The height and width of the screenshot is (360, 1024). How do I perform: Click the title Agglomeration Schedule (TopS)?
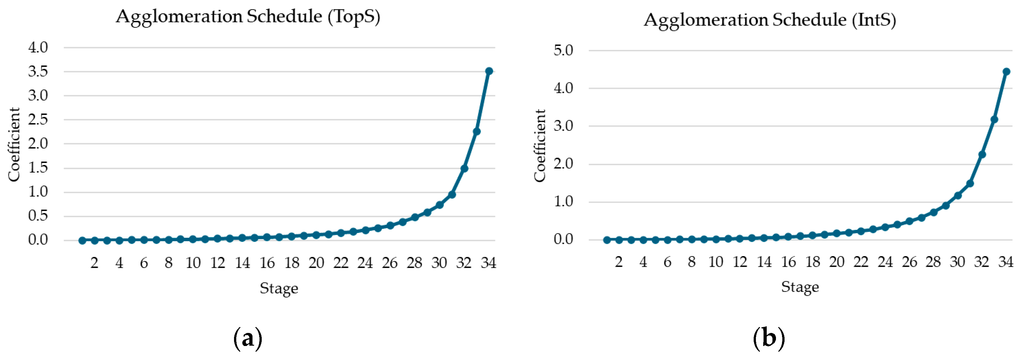click(x=248, y=17)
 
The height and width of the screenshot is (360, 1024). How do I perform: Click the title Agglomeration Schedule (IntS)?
click(x=770, y=20)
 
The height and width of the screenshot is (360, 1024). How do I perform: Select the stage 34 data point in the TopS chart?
click(x=489, y=71)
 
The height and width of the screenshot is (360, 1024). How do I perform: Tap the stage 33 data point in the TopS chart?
click(x=477, y=131)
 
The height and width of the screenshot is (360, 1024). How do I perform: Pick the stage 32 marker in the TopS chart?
click(x=464, y=168)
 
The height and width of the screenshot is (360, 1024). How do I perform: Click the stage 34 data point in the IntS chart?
click(x=1006, y=72)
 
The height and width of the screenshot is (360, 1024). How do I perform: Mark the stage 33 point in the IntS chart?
click(x=994, y=120)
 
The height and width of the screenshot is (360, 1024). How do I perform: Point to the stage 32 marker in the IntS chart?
click(x=982, y=155)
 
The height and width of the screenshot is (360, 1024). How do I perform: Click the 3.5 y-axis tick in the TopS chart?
click(x=38, y=72)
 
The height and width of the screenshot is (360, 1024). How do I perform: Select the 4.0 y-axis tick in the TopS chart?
click(x=38, y=48)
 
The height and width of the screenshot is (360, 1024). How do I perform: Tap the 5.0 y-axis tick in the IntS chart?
click(x=563, y=51)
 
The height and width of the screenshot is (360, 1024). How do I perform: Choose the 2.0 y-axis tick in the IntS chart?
click(x=563, y=164)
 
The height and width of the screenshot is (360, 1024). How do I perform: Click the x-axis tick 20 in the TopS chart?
click(x=316, y=263)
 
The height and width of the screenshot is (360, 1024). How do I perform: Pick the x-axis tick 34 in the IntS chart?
click(x=1006, y=262)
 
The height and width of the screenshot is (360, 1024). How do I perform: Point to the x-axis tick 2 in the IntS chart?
click(x=619, y=262)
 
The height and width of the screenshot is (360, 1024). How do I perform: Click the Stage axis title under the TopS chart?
click(x=279, y=288)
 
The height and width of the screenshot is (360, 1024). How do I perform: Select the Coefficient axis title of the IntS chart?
click(x=540, y=146)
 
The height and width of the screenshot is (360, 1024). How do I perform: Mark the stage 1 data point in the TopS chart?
click(x=82, y=240)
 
